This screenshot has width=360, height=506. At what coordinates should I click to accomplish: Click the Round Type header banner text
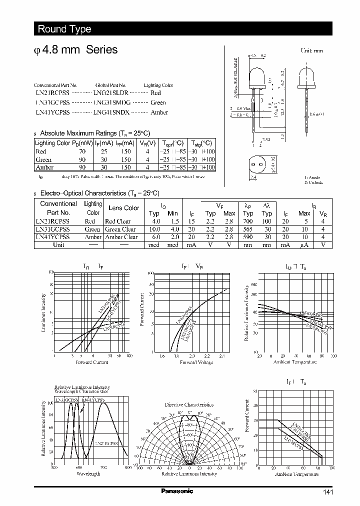[x=64, y=29]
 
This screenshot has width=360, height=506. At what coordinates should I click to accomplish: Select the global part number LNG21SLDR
[x=111, y=93]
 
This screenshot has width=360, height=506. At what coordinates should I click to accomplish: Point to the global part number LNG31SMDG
[x=111, y=102]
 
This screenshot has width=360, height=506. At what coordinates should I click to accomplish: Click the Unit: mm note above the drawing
[x=311, y=51]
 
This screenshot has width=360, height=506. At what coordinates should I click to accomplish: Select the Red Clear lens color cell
[x=117, y=221]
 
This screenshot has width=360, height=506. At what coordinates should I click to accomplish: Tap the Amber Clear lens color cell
[x=121, y=237]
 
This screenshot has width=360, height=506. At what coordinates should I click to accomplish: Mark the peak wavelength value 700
[x=248, y=221]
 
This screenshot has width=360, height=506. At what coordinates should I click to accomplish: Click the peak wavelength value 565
[x=248, y=229]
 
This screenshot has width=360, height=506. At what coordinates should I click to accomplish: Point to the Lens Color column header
[x=123, y=208]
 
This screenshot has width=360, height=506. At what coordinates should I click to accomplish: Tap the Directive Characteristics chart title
[x=189, y=404]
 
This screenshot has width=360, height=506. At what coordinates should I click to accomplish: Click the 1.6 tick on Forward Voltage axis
[x=161, y=356]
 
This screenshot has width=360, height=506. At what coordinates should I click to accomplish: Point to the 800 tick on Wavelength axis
[x=128, y=467]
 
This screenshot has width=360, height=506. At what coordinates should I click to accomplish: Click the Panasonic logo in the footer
[x=177, y=491]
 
